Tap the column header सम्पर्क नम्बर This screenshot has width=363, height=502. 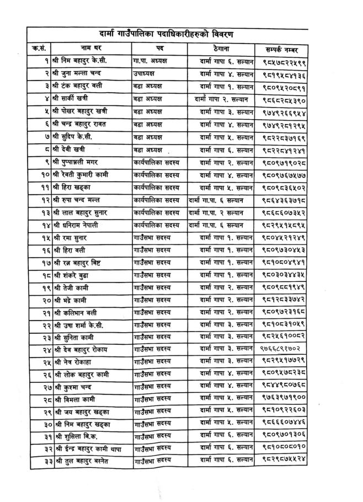[287, 47]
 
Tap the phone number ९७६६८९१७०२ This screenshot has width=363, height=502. [281, 349]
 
